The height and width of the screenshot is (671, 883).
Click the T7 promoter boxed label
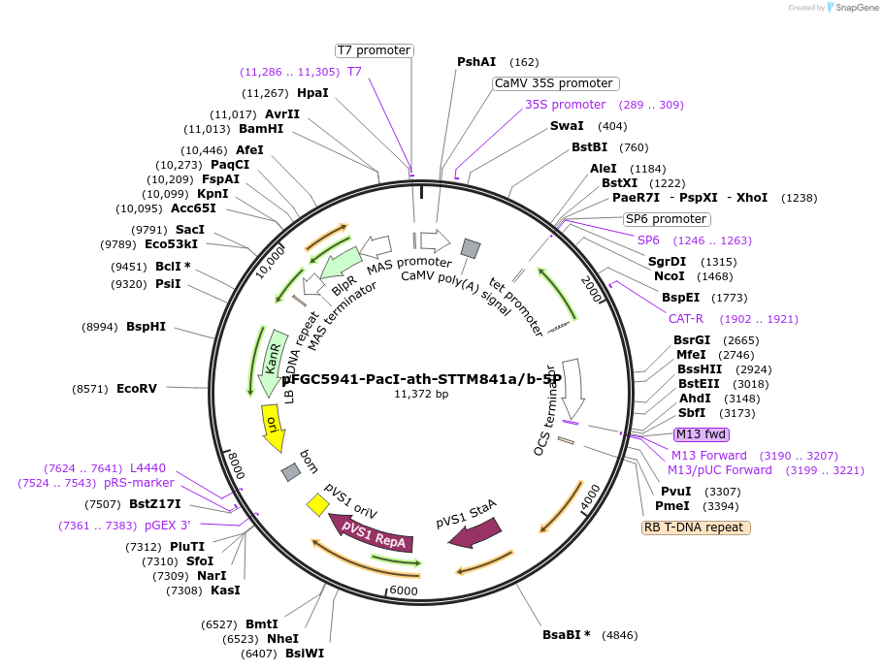coord(374,50)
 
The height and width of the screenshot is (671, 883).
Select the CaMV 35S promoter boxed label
coord(554,83)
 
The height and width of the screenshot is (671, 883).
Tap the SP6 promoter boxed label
coord(666,219)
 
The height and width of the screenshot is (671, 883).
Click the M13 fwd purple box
coord(702,434)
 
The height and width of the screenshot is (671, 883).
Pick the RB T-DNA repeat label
coord(696,527)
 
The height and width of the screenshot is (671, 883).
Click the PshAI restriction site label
coord(476,62)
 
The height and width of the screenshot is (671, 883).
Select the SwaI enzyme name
coord(567,126)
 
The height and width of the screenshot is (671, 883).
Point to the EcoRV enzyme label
coord(136,389)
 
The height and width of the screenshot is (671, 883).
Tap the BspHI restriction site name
coord(146,327)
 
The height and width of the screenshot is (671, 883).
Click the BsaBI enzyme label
coord(566,635)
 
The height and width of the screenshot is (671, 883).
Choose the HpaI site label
coord(312,93)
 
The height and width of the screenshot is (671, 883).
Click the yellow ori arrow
coord(274,427)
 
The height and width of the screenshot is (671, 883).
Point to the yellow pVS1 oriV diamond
coord(316,504)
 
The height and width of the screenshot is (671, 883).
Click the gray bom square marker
coord(290,472)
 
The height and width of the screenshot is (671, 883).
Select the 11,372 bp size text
coord(421,395)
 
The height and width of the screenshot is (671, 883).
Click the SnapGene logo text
coord(854,8)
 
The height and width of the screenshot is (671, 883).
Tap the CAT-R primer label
coord(685,319)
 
